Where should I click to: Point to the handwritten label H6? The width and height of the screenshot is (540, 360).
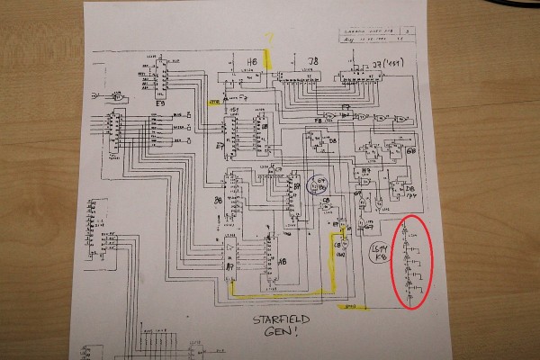point(252,60)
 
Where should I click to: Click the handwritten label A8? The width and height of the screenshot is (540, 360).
point(283,262)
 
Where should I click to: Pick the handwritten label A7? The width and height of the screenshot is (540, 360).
point(230,267)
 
